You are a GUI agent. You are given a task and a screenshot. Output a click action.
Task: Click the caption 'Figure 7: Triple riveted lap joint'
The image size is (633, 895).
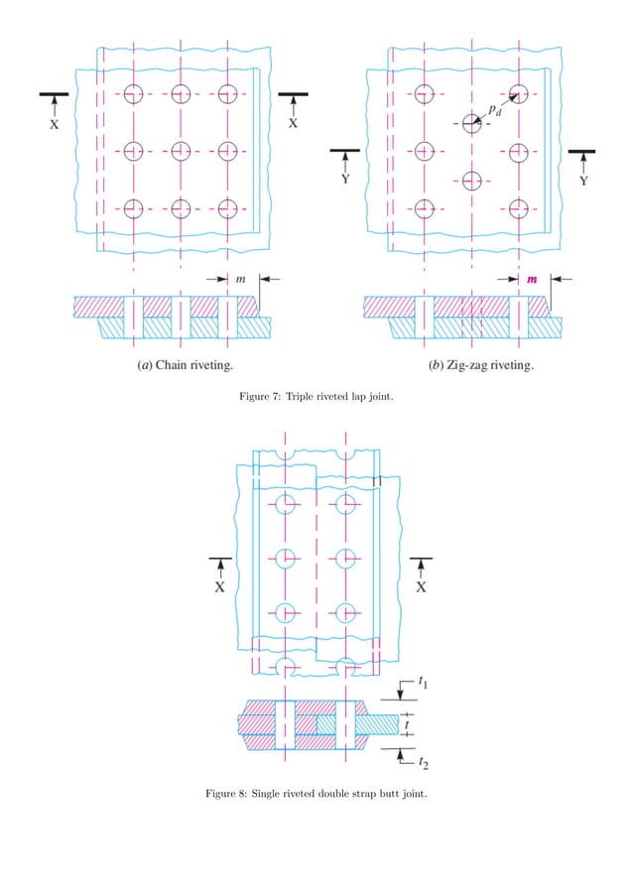point(316,399)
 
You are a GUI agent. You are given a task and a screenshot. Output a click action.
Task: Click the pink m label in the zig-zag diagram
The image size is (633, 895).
point(532,280)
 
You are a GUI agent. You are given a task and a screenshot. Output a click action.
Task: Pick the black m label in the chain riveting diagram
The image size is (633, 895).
point(241,280)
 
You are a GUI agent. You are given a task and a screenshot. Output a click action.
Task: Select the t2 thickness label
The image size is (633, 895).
point(425,762)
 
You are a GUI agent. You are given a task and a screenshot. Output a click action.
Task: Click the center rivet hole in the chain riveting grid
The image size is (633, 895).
point(181,151)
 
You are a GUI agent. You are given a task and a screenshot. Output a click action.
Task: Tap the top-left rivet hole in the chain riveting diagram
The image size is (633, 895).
point(134,94)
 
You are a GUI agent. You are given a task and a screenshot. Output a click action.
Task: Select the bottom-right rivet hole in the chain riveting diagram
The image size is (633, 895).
point(228,208)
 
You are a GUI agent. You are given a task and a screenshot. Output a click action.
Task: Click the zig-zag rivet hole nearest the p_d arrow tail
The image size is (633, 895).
point(471,124)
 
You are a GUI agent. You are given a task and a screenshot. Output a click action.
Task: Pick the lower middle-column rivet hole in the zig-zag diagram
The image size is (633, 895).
point(471,180)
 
